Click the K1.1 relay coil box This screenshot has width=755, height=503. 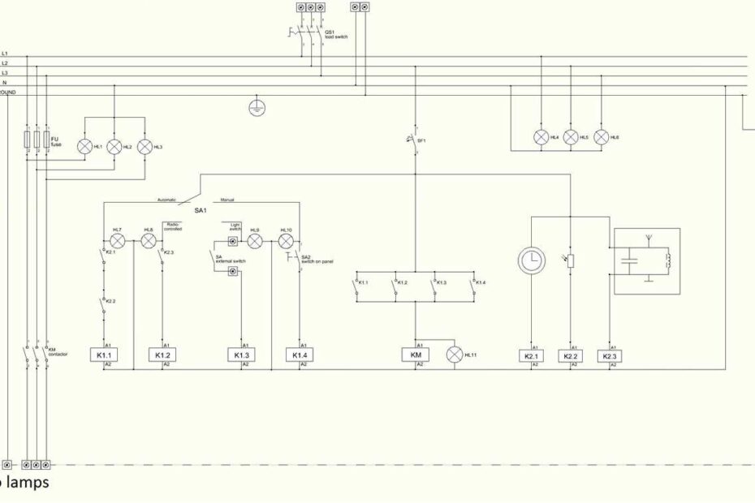105,355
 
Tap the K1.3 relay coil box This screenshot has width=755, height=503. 242,355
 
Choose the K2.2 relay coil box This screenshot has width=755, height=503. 571,356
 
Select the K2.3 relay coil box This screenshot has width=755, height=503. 610,356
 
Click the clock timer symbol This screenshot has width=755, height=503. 531,260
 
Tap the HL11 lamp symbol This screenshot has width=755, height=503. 455,355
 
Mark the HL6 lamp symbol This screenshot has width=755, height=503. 602,137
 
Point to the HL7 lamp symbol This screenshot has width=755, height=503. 117,241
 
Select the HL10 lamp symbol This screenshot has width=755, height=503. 286,241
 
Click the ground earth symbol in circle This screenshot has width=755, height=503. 257,107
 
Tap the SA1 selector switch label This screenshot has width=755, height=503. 200,210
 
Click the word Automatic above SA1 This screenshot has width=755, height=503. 166,200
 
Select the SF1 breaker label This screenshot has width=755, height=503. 421,140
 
